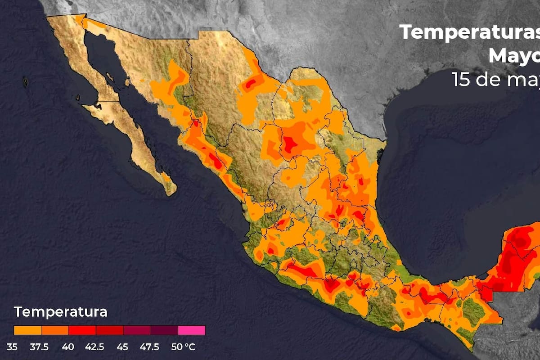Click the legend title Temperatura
click(x=61, y=312)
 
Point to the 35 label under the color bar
click(x=12, y=347)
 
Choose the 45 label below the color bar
click(x=122, y=347)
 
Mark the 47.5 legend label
click(x=149, y=347)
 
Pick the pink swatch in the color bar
click(x=192, y=330)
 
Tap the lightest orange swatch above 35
click(x=27, y=330)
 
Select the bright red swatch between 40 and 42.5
click(x=82, y=330)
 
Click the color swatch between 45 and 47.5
click(x=137, y=330)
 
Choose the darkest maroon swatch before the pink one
click(x=164, y=330)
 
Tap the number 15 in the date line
click(x=461, y=80)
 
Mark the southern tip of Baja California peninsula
click(x=171, y=193)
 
